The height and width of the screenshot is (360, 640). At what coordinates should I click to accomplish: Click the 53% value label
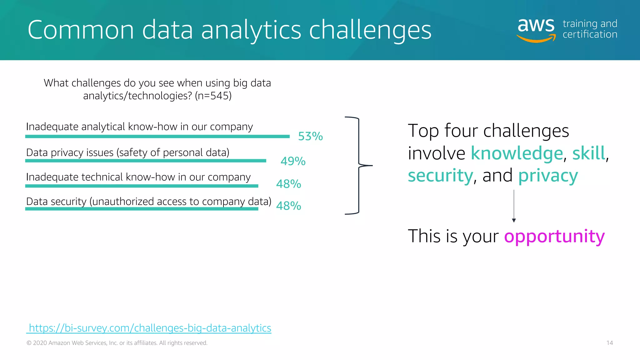coord(310,136)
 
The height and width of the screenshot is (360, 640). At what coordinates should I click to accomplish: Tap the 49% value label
coord(293,161)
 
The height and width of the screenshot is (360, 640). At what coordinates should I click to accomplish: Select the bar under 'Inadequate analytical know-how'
coord(157,137)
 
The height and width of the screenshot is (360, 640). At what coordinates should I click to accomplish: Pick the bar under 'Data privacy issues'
coord(146,161)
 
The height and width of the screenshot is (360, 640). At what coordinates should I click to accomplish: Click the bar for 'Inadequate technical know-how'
coord(142,186)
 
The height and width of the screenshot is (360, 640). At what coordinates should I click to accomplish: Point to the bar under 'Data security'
coord(142,209)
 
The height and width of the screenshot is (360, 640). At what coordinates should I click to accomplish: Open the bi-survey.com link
coord(150,328)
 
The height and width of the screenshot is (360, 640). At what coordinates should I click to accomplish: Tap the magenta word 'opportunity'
coord(554,236)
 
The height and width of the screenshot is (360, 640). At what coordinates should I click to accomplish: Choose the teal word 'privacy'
coord(548,176)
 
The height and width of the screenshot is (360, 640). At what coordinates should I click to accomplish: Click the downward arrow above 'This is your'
coord(514,206)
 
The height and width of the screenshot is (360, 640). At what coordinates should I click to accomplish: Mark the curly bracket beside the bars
coord(359,165)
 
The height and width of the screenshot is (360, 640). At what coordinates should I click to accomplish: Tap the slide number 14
coord(609,343)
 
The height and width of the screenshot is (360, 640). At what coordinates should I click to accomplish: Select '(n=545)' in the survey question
coord(213,96)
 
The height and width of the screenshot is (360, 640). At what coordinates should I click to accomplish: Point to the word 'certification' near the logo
coord(590,34)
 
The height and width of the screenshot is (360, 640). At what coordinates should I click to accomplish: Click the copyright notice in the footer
coord(117,343)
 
